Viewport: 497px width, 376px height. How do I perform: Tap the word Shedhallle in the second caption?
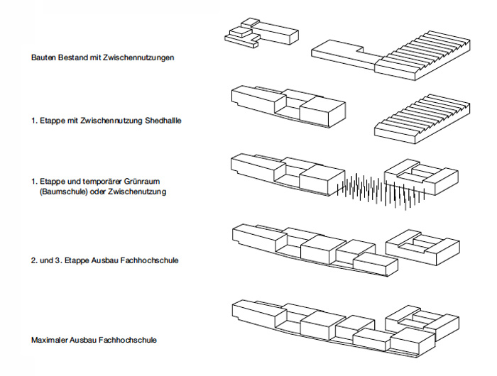click(x=163, y=121)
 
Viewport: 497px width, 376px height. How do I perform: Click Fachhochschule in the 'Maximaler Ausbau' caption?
click(x=132, y=341)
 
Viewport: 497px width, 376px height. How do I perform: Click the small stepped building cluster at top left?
click(x=245, y=34)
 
